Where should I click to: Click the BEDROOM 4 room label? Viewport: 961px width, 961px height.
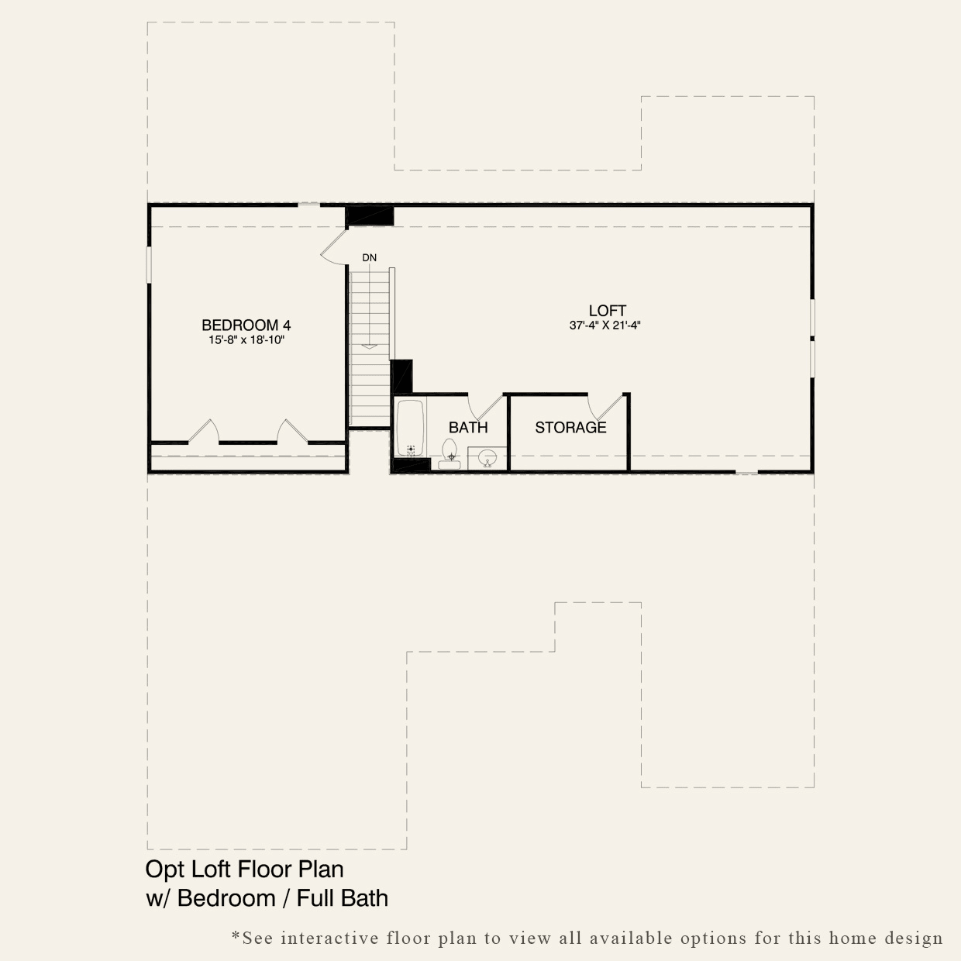[x=246, y=325]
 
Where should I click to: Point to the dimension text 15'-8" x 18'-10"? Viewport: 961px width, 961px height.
[x=246, y=340]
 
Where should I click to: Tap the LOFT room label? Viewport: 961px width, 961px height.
[x=607, y=312]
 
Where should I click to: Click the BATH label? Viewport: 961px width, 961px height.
[x=468, y=427]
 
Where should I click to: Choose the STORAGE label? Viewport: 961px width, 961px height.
[x=570, y=427]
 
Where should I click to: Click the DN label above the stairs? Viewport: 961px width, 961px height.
[x=369, y=257]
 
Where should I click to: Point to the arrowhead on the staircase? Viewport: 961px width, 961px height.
[x=370, y=346]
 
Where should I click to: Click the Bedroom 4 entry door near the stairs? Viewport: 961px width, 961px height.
[x=334, y=246]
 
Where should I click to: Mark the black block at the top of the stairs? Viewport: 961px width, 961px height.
[x=369, y=215]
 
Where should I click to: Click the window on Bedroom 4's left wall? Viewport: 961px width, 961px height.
[x=149, y=264]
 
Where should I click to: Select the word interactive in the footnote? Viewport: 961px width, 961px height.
[x=329, y=939]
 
